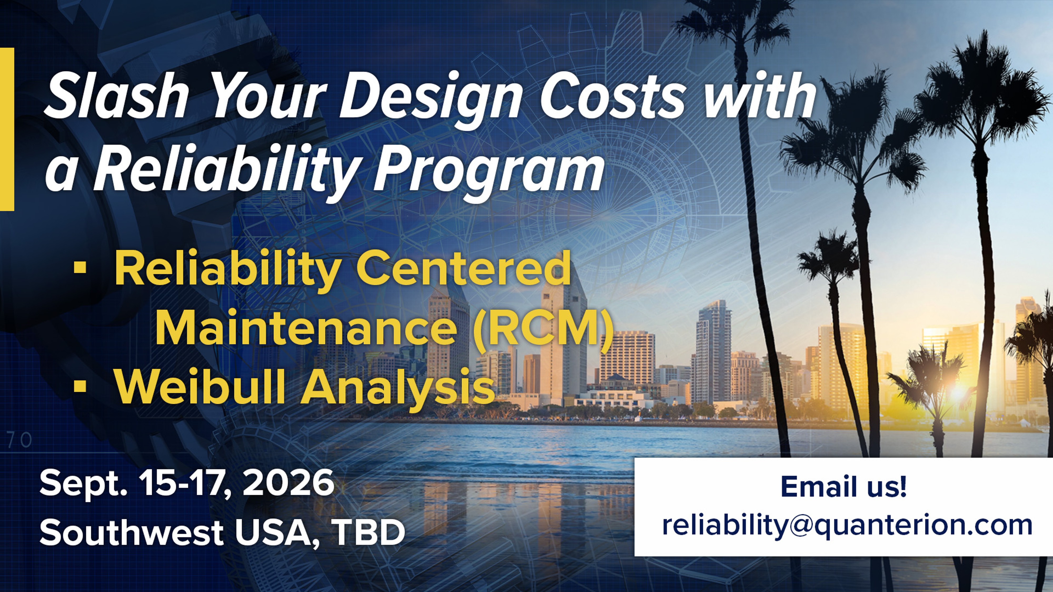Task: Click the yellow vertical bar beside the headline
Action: [x=7, y=129]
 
